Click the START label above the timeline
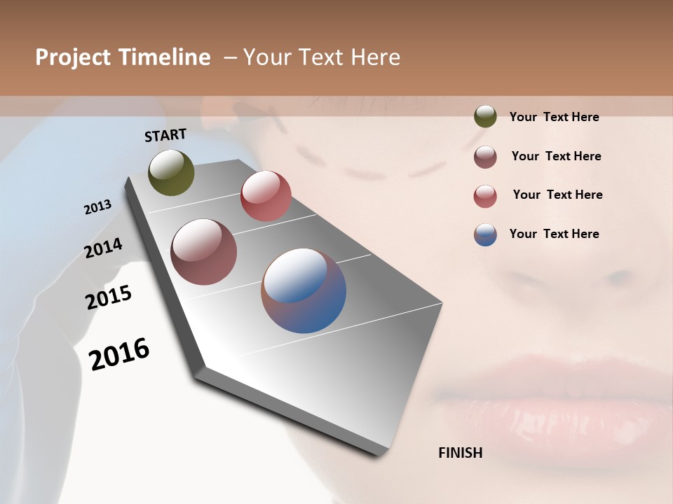tap(165, 135)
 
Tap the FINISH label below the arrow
tap(460, 453)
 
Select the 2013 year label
tap(97, 207)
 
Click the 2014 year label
tap(103, 248)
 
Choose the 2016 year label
tap(119, 353)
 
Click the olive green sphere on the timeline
tap(171, 172)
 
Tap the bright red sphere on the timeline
tap(266, 196)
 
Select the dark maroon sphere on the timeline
tap(204, 252)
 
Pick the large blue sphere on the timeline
tap(304, 290)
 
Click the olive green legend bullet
tap(485, 116)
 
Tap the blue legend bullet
tap(485, 234)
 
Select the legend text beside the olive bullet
tap(554, 117)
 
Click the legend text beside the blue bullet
tap(554, 234)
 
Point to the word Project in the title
tap(73, 57)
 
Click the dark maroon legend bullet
tap(485, 157)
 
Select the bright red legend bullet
tap(485, 196)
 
